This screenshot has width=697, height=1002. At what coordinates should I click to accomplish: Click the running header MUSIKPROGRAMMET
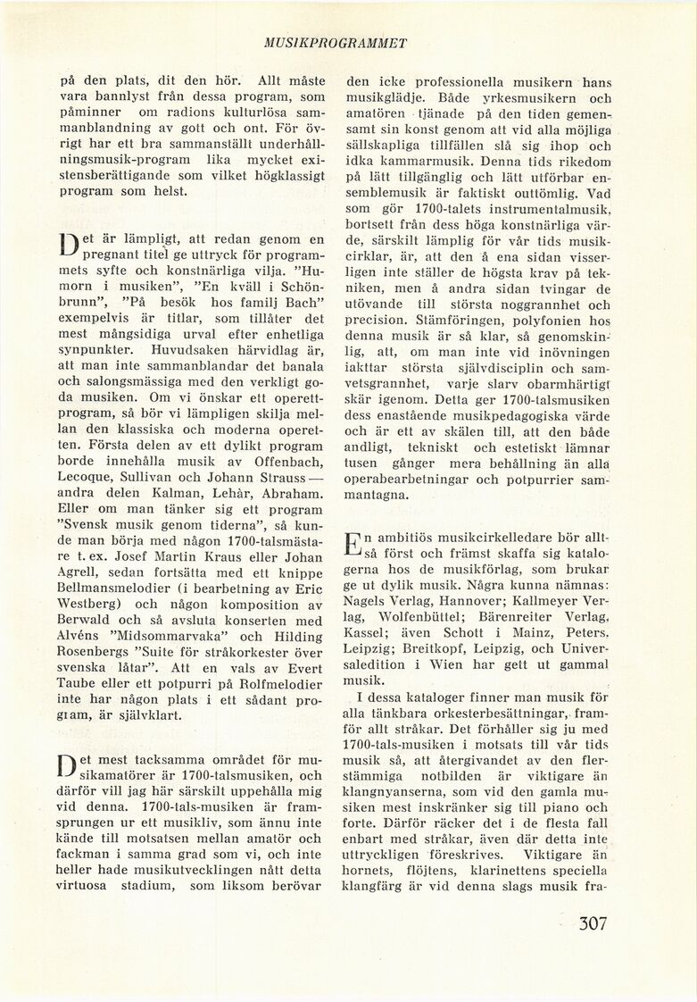pyautogui.click(x=348, y=42)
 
